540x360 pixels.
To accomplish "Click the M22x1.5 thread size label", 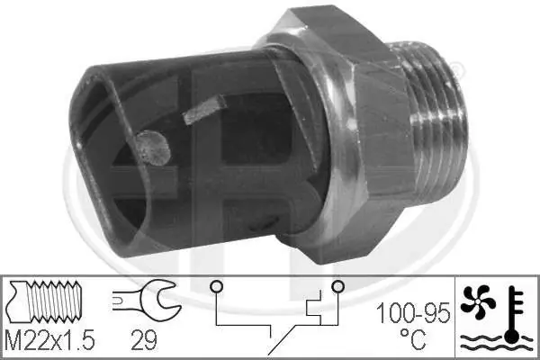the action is click(x=50, y=340).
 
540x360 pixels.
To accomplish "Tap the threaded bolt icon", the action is click(x=44, y=301).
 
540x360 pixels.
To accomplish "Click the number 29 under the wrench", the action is click(x=144, y=340).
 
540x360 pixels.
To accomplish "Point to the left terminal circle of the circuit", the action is click(x=217, y=286).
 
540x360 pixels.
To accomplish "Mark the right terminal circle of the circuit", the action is click(x=337, y=286).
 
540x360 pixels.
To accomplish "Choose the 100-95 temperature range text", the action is click(x=413, y=313).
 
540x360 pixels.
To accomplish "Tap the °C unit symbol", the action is click(x=413, y=338).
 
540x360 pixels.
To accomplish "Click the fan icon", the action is click(x=478, y=301).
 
